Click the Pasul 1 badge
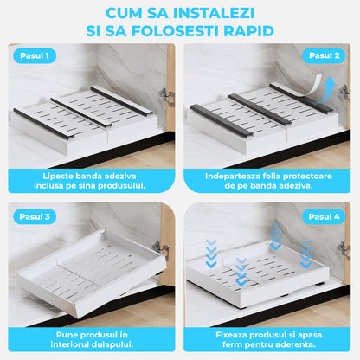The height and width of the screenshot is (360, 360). tap(36, 56)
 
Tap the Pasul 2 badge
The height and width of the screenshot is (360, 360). tap(324, 56)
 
